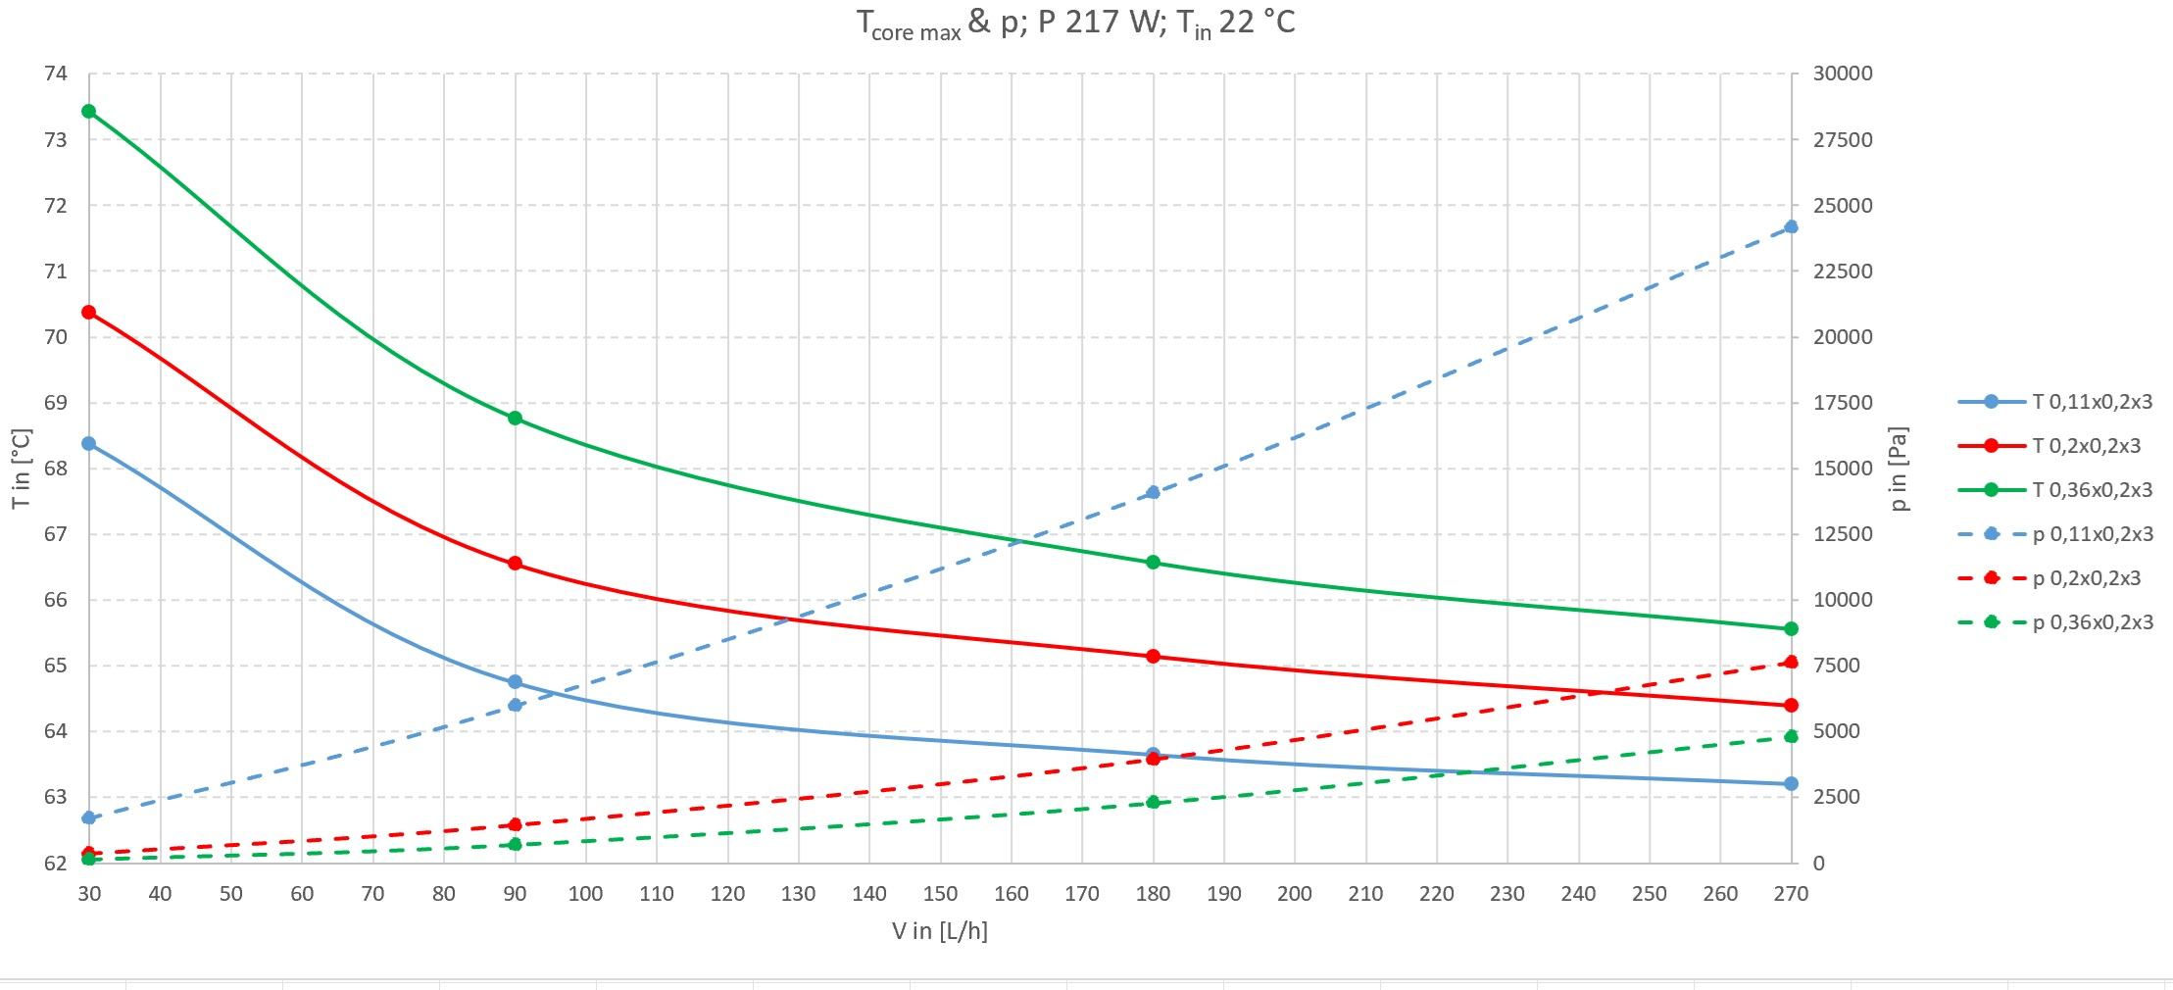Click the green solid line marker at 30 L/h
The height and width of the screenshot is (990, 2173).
click(x=89, y=111)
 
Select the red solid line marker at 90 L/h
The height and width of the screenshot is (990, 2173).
click(x=515, y=564)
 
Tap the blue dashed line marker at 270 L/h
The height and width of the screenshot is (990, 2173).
click(x=1791, y=226)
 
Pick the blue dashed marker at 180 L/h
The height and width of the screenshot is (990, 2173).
click(x=1153, y=492)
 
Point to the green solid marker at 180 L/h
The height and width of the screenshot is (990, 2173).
click(x=1153, y=562)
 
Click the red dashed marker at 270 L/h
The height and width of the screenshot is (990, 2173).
click(x=1791, y=663)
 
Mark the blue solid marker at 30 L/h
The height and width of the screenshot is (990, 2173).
click(x=89, y=443)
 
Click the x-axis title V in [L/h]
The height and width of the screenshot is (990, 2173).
click(x=939, y=931)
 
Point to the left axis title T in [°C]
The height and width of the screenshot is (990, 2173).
click(x=22, y=469)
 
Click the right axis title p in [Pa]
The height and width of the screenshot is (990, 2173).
click(x=1900, y=469)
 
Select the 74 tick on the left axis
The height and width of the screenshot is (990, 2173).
click(x=55, y=74)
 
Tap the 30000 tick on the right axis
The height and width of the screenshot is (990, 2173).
click(x=1843, y=74)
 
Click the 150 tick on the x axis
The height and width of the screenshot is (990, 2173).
click(x=940, y=894)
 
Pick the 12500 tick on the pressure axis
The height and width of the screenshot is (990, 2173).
click(x=1843, y=534)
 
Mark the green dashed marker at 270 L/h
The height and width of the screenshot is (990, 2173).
click(x=1791, y=736)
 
